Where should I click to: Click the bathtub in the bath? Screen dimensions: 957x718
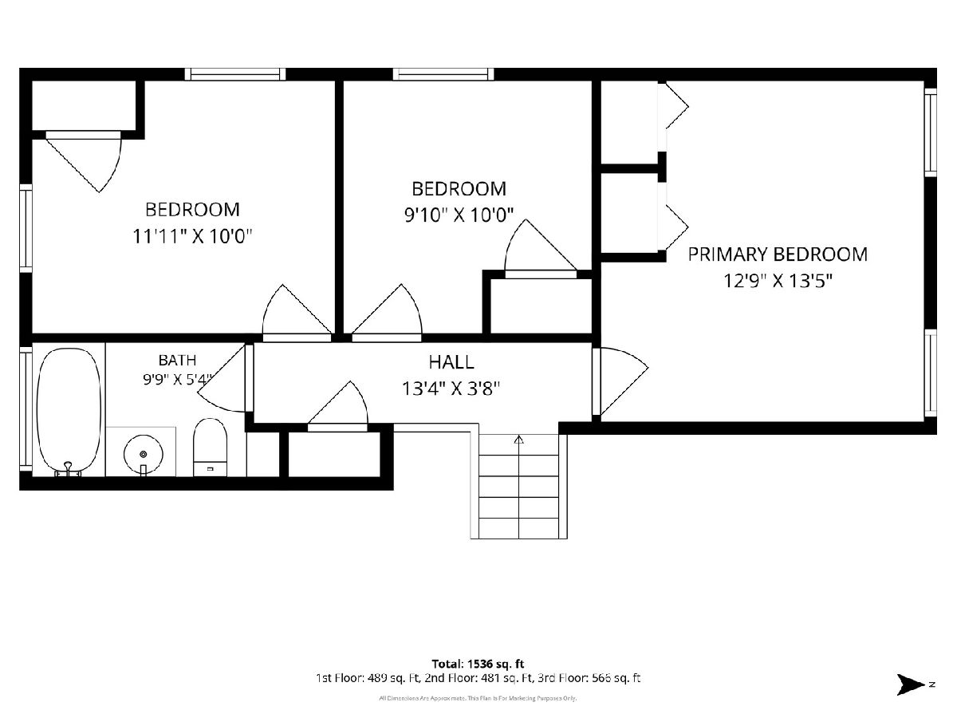coord(69,411)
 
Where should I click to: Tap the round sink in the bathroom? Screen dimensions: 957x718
coord(144,454)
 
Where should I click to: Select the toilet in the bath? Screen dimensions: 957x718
coord(211,448)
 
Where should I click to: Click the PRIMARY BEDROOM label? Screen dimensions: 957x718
coord(778,254)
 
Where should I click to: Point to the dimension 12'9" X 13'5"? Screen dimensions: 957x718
coord(778,281)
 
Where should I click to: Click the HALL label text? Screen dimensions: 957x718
coord(451,362)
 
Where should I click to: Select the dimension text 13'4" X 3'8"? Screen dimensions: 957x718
coord(451,388)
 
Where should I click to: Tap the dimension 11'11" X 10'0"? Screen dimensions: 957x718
coord(192,237)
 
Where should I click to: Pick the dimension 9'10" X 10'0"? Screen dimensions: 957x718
coord(459,215)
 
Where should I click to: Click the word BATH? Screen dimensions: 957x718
coord(177,360)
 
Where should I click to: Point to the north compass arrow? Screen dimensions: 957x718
coord(910,684)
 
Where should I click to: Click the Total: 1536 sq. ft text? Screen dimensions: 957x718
coord(478,664)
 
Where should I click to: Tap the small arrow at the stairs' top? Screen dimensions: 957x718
coord(518,439)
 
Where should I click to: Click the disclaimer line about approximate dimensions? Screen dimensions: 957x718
coord(478,698)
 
